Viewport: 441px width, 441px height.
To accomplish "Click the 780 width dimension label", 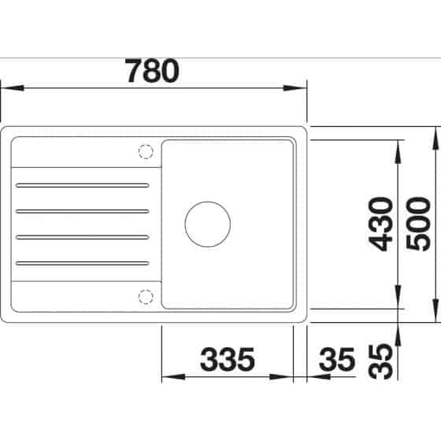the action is pyautogui.click(x=152, y=70).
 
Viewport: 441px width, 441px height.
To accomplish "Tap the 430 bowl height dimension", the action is pyautogui.click(x=381, y=224).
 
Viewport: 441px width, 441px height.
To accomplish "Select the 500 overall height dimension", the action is pyautogui.click(x=418, y=224).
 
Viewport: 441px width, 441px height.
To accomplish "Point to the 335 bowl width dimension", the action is pyautogui.click(x=228, y=359).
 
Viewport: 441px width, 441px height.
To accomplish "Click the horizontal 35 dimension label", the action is pyautogui.click(x=337, y=359).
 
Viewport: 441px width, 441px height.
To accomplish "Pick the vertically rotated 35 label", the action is pyautogui.click(x=380, y=361).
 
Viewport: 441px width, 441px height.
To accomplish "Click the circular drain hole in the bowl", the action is pyautogui.click(x=208, y=224).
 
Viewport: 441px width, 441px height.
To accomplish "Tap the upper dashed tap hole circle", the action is pyautogui.click(x=146, y=151).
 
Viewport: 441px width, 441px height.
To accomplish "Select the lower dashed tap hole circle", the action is pyautogui.click(x=146, y=297).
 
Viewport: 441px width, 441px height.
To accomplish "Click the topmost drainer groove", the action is pyautogui.click(x=83, y=185).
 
